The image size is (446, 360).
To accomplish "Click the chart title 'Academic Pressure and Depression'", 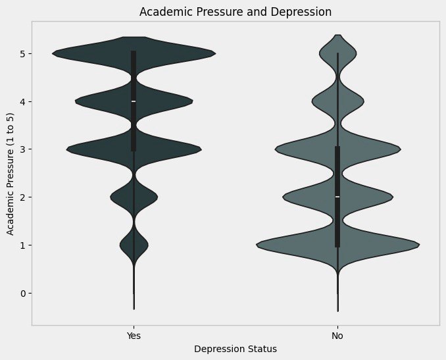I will pos(235,12).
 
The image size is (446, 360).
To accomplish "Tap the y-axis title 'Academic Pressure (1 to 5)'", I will pos(11,173).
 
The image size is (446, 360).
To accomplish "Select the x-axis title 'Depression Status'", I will pos(235,349).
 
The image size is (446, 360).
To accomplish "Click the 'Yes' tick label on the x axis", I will pos(134,335).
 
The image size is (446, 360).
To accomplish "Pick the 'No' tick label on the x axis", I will pos(337,335).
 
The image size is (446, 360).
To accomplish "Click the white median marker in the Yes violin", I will pos(134,101).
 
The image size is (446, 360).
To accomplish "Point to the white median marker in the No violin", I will pos(337,197).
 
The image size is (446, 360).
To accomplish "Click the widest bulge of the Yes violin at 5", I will pos(79,53).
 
